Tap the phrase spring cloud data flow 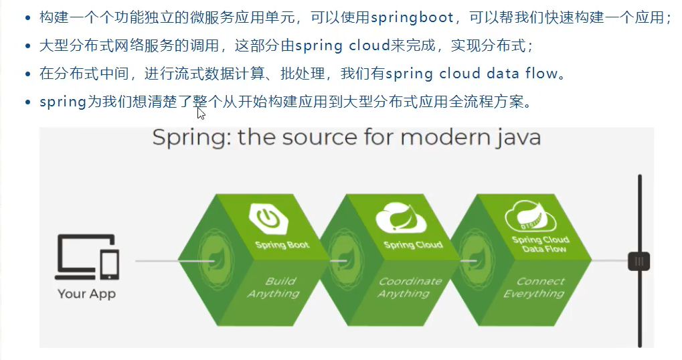pyautogui.click(x=471, y=73)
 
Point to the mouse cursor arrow pyautogui.click(x=201, y=113)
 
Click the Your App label pyautogui.click(x=86, y=294)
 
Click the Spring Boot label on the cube pyautogui.click(x=282, y=245)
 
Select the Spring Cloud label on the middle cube pyautogui.click(x=413, y=245)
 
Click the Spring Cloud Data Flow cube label pyautogui.click(x=539, y=244)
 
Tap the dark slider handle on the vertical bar pyautogui.click(x=639, y=260)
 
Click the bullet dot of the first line pyautogui.click(x=27, y=18)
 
